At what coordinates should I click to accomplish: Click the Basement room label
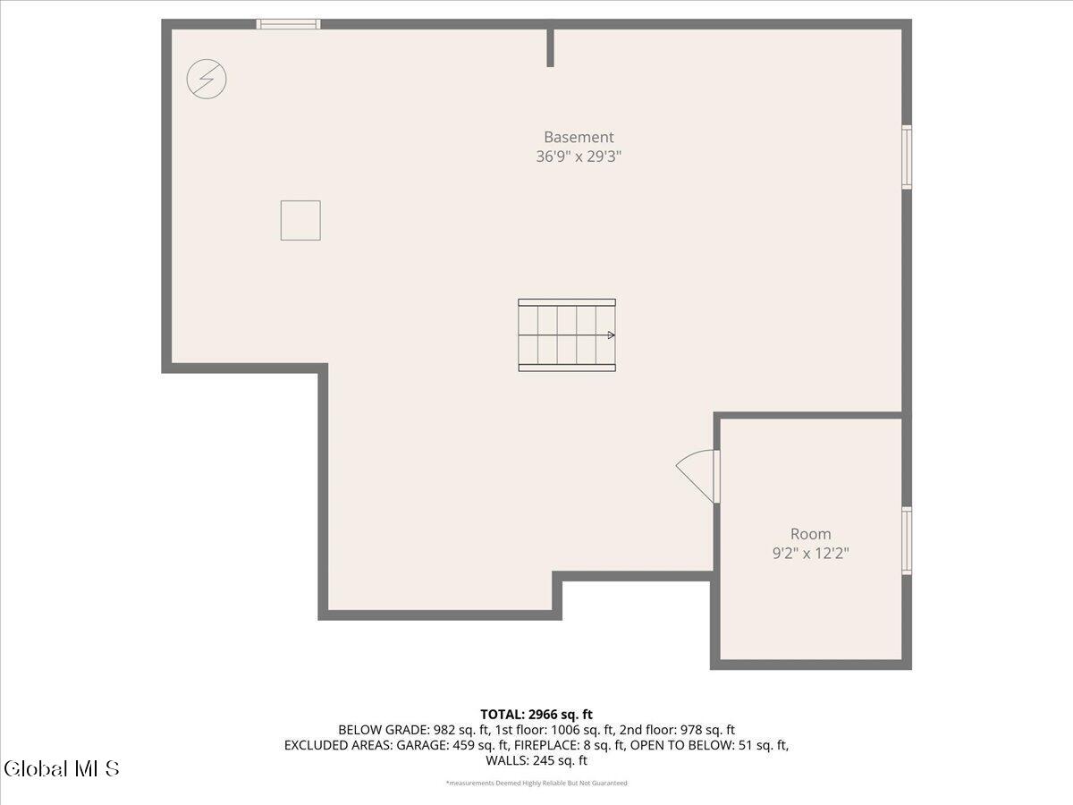(579, 137)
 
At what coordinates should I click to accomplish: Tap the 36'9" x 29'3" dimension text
(579, 157)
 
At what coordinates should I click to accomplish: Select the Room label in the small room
(810, 534)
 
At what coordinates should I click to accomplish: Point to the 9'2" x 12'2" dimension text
(810, 554)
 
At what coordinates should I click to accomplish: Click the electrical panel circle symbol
(207, 79)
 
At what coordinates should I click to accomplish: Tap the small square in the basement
(300, 220)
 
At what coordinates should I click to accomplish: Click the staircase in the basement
(567, 335)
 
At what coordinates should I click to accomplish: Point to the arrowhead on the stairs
(611, 335)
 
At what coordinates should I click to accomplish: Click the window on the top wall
(289, 24)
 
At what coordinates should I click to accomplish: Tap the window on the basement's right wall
(907, 157)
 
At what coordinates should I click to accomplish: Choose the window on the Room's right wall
(907, 540)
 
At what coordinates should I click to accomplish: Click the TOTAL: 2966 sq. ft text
(536, 715)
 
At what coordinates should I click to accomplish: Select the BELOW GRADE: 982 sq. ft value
(414, 730)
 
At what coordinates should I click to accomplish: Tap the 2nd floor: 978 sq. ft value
(677, 730)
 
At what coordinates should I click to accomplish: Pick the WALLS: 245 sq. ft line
(536, 760)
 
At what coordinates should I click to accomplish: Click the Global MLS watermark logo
(62, 768)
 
